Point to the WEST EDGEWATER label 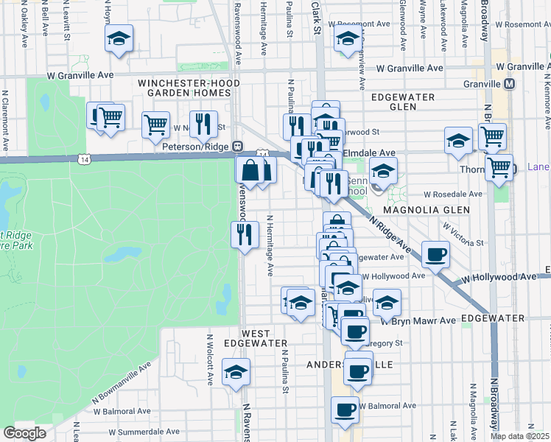(255, 337)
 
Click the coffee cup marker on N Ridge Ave (435, 253)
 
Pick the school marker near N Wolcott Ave (236, 372)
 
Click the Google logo (24, 433)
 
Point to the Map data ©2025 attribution (520, 436)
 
